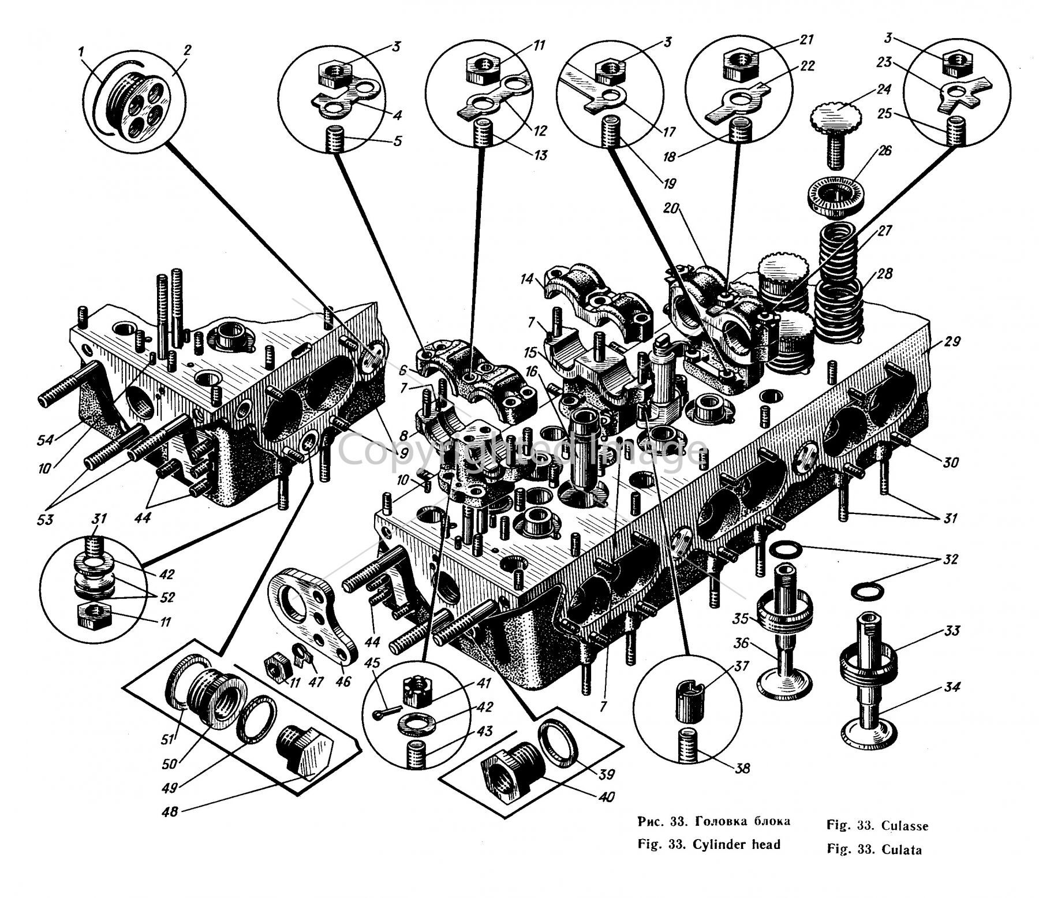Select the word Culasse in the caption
[x=905, y=826]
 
